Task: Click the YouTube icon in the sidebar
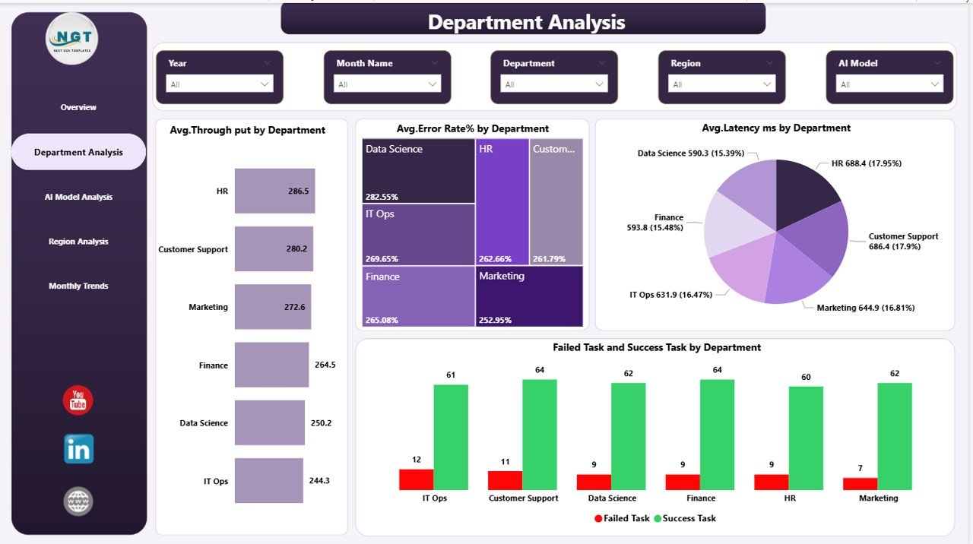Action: click(x=78, y=400)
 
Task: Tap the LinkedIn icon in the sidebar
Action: click(x=78, y=449)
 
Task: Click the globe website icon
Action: click(x=78, y=501)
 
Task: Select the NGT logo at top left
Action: click(x=71, y=39)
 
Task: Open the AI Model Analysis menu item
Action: click(x=78, y=197)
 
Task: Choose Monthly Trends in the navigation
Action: click(x=78, y=286)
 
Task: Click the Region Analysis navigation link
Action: click(x=78, y=242)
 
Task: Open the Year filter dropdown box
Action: click(x=220, y=84)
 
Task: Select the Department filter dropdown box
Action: click(x=554, y=84)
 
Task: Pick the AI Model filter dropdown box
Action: click(x=889, y=84)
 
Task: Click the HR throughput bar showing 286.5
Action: click(x=274, y=191)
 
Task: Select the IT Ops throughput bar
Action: click(x=268, y=480)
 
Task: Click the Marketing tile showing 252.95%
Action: click(x=529, y=296)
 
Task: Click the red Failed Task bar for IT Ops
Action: click(x=416, y=479)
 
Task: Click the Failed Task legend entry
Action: click(x=622, y=518)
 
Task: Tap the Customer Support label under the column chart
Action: click(x=523, y=498)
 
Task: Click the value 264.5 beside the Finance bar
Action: click(x=325, y=365)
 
